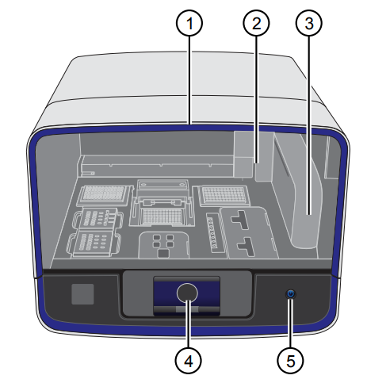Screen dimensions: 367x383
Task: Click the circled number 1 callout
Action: (x=189, y=23)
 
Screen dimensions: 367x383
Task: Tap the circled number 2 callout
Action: (x=256, y=23)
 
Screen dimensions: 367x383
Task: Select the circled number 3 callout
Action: (x=309, y=23)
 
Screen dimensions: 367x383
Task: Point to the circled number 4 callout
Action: (x=188, y=361)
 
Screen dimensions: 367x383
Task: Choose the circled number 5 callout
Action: (x=290, y=361)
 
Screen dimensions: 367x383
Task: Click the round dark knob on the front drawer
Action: (x=187, y=293)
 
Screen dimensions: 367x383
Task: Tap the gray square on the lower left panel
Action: (x=82, y=294)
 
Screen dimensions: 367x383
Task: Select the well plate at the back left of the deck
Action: (x=105, y=195)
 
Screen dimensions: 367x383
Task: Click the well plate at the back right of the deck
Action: (x=224, y=196)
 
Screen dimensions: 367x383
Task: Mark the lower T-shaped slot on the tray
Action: (x=247, y=247)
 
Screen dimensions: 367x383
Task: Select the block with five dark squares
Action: (x=163, y=244)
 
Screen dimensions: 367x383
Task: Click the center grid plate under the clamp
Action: (x=161, y=216)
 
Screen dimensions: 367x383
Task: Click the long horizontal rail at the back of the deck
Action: (x=157, y=166)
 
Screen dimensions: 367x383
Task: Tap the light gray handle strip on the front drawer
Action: (x=187, y=309)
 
